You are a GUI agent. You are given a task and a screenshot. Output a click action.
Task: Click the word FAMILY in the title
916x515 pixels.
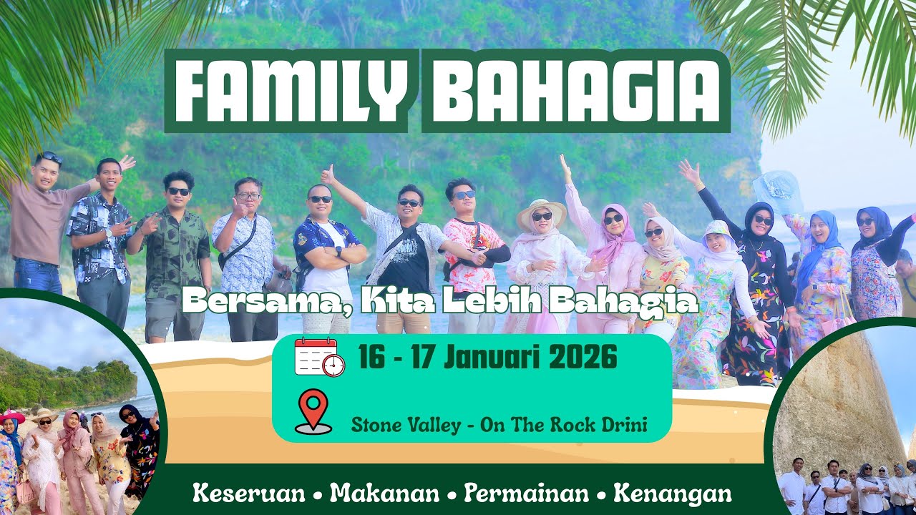(x=291, y=90)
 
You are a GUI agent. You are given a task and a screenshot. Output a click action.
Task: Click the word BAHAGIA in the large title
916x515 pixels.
(x=576, y=90)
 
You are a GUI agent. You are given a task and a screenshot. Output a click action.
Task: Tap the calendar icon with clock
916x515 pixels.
(x=319, y=356)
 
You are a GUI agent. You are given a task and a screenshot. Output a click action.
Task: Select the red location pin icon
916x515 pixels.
(x=313, y=411)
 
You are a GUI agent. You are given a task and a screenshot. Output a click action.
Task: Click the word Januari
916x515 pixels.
(x=493, y=356)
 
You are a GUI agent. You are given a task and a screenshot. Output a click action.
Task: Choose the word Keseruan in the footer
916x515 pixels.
(x=248, y=494)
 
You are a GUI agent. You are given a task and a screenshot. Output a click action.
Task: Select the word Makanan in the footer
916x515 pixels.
(x=384, y=494)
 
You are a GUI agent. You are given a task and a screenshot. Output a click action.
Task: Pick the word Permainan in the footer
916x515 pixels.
(x=526, y=494)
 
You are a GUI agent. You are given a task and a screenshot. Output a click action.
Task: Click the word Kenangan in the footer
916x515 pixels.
(x=673, y=494)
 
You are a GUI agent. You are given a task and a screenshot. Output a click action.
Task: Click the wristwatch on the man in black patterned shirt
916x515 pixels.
(x=109, y=232)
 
